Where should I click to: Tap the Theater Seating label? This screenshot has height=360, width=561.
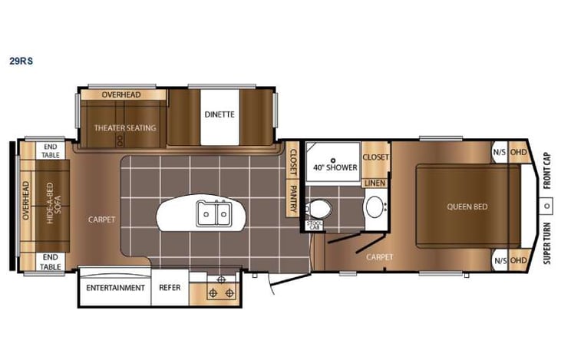pyautogui.click(x=124, y=127)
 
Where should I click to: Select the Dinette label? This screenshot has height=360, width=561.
pyautogui.click(x=219, y=115)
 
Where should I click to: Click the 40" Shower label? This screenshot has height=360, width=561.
pyautogui.click(x=332, y=167)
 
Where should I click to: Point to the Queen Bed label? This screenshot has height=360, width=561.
pyautogui.click(x=468, y=206)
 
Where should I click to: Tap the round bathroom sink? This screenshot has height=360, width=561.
pyautogui.click(x=375, y=206)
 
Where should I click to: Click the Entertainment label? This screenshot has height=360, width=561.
pyautogui.click(x=116, y=288)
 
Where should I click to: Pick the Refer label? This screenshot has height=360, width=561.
pyautogui.click(x=170, y=288)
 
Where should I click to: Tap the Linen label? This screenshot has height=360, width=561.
pyautogui.click(x=375, y=183)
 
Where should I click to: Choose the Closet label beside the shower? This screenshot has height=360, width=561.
pyautogui.click(x=375, y=157)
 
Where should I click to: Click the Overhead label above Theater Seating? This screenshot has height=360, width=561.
pyautogui.click(x=123, y=94)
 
